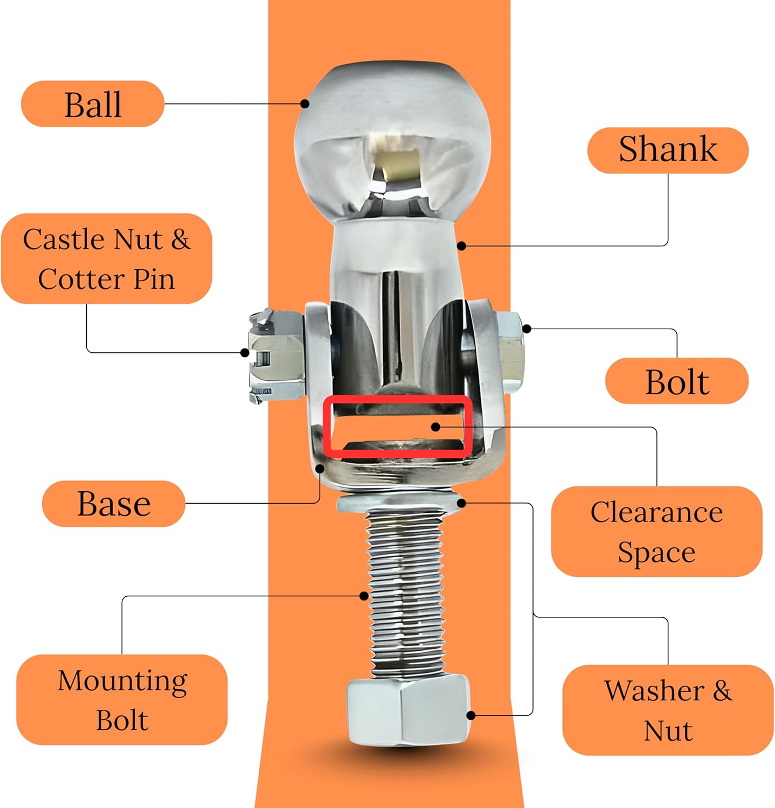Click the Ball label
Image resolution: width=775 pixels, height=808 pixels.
pyautogui.click(x=92, y=104)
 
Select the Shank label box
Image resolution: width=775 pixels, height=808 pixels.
pyautogui.click(x=668, y=150)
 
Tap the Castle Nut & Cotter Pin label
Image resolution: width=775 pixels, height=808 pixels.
pyautogui.click(x=106, y=259)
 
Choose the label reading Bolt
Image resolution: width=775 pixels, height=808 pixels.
pyautogui.click(x=677, y=381)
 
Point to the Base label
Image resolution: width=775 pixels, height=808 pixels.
pyautogui.click(x=113, y=504)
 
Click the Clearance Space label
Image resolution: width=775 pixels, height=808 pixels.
pyautogui.click(x=656, y=532)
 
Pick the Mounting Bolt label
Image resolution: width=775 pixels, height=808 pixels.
pyautogui.click(x=122, y=700)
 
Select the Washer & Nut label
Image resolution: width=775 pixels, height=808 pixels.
pyautogui.click(x=668, y=710)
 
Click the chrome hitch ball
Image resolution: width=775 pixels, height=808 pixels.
pyautogui.click(x=392, y=145)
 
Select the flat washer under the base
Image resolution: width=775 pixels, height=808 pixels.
pyautogui.click(x=399, y=504)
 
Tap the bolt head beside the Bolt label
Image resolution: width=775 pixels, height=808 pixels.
pyautogui.click(x=511, y=353)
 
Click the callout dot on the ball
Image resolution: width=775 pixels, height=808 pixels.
pyautogui.click(x=305, y=103)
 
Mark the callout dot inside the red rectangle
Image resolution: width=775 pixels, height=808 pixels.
pyautogui.click(x=436, y=427)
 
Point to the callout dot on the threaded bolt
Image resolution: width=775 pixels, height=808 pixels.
pyautogui.click(x=364, y=596)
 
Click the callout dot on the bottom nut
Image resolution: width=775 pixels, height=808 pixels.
pyautogui.click(x=470, y=715)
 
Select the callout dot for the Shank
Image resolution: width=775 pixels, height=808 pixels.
pyautogui.click(x=461, y=246)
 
